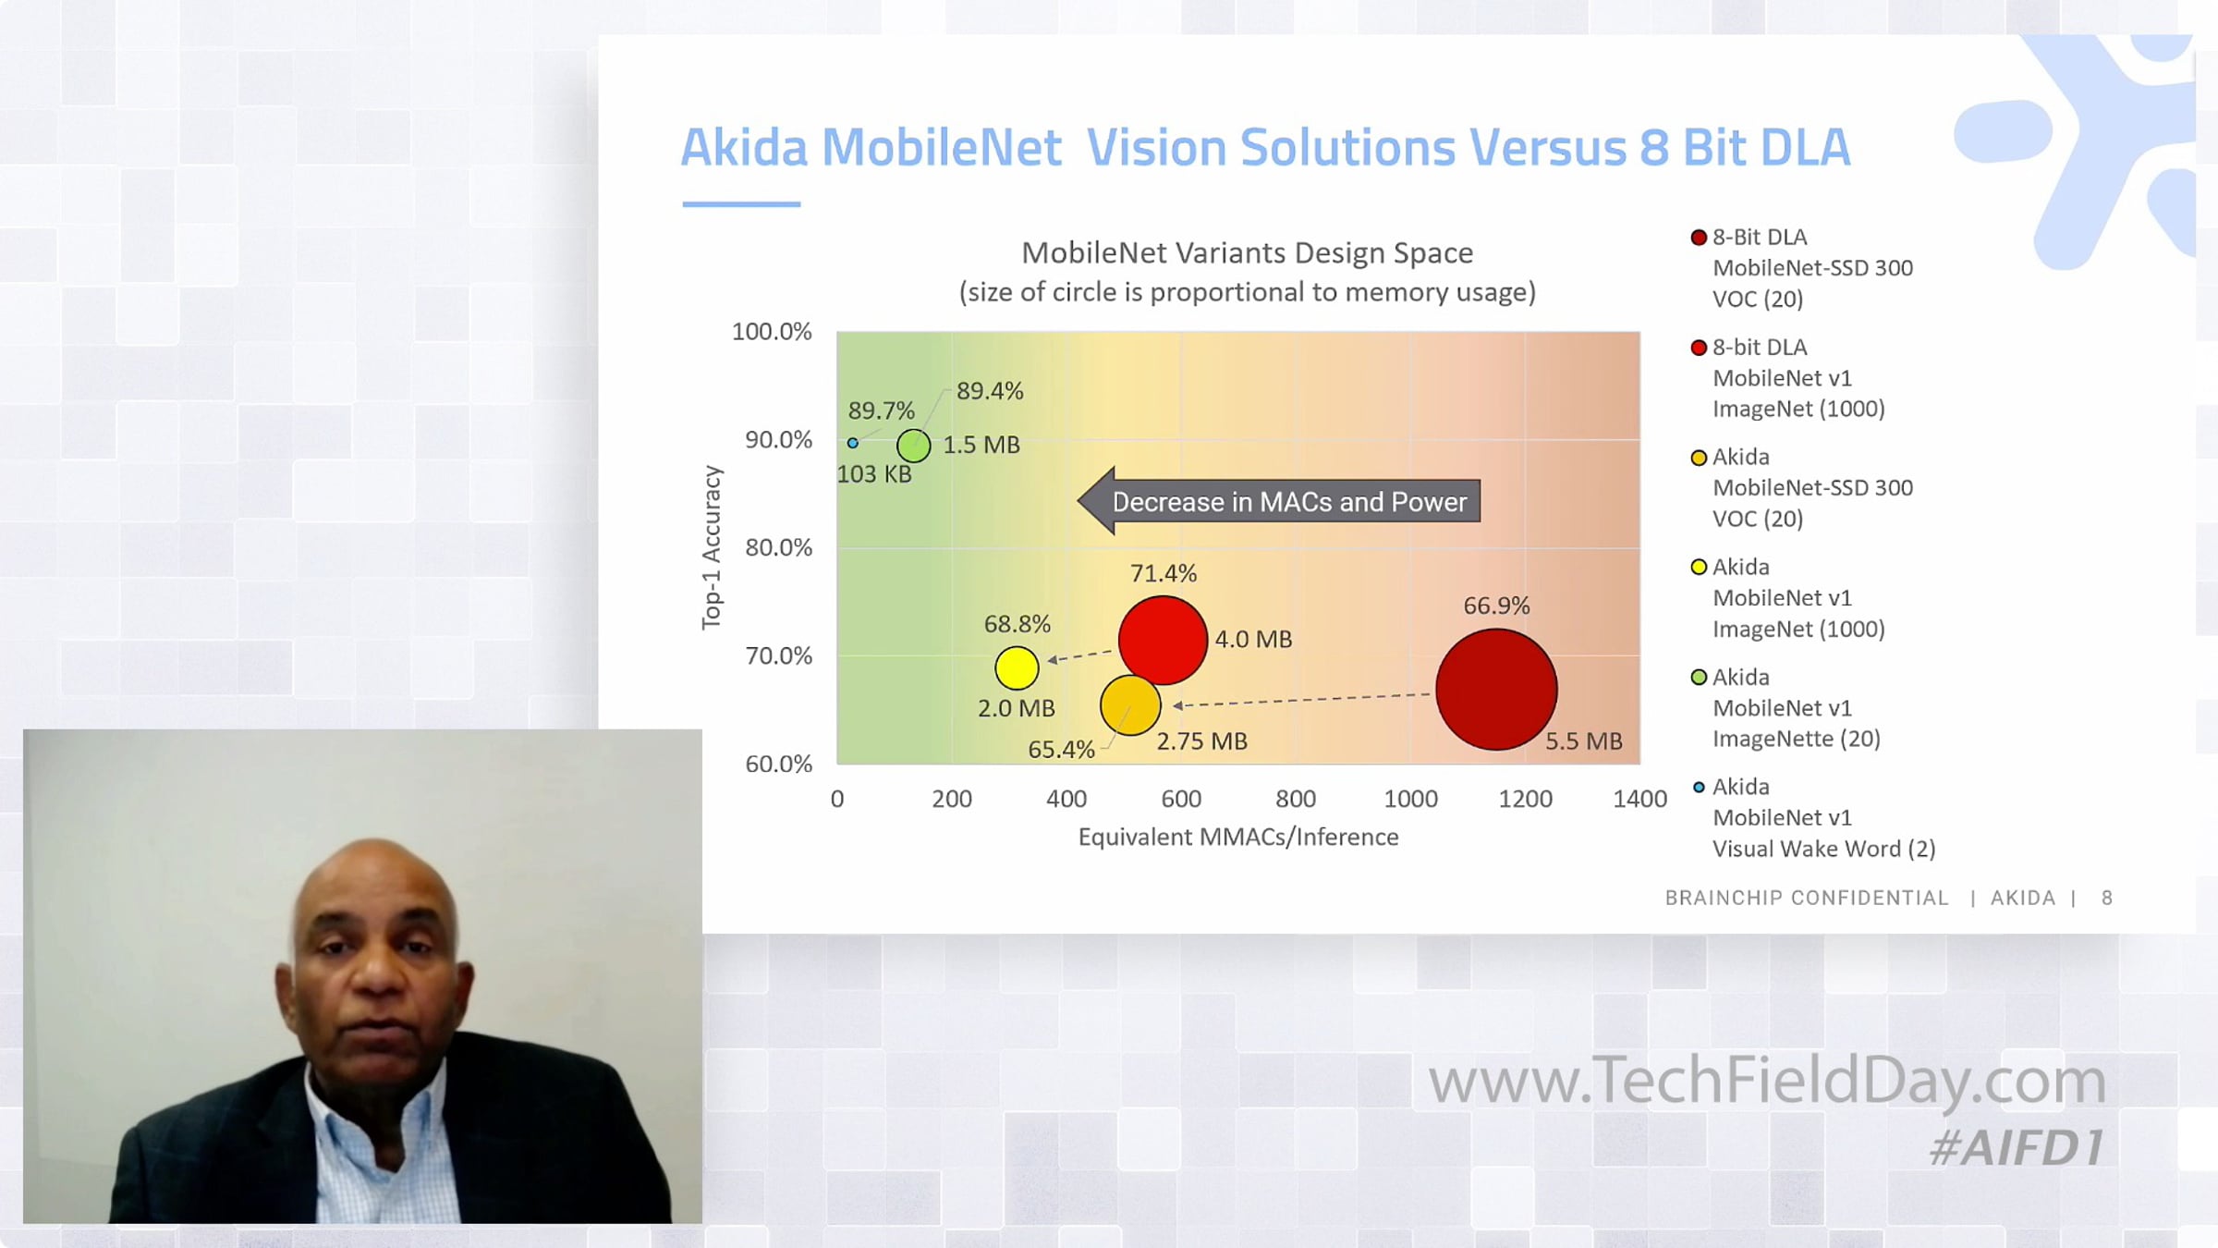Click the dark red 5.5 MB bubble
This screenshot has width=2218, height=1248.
pyautogui.click(x=1496, y=690)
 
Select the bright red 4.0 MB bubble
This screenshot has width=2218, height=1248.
pyautogui.click(x=1163, y=640)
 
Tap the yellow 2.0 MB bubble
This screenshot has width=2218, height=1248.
pyautogui.click(x=1017, y=668)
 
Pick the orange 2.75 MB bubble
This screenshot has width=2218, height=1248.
pyautogui.click(x=1130, y=705)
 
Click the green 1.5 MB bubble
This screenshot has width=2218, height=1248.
pyautogui.click(x=914, y=446)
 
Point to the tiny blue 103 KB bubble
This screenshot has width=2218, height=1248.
pyautogui.click(x=852, y=444)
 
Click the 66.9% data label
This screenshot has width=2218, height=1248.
pyautogui.click(x=1496, y=606)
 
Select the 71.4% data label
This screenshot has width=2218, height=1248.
pyautogui.click(x=1164, y=573)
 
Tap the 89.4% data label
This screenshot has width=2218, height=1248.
pyautogui.click(x=990, y=391)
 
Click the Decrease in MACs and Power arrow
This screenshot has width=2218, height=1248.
pyautogui.click(x=1279, y=501)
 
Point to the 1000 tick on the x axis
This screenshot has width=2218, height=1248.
pyautogui.click(x=1410, y=799)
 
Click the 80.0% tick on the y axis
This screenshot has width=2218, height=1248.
pyautogui.click(x=778, y=547)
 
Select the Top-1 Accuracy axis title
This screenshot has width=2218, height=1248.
pyautogui.click(x=711, y=547)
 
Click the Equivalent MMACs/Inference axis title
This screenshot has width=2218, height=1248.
pyautogui.click(x=1238, y=838)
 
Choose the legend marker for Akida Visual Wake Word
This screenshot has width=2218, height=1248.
pyautogui.click(x=1699, y=788)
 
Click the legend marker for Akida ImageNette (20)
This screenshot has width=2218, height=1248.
pyautogui.click(x=1699, y=678)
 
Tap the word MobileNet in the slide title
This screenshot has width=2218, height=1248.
pyautogui.click(x=941, y=148)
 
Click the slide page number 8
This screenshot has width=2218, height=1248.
pyautogui.click(x=2107, y=898)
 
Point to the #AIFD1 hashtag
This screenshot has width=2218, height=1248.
pyautogui.click(x=2017, y=1148)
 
